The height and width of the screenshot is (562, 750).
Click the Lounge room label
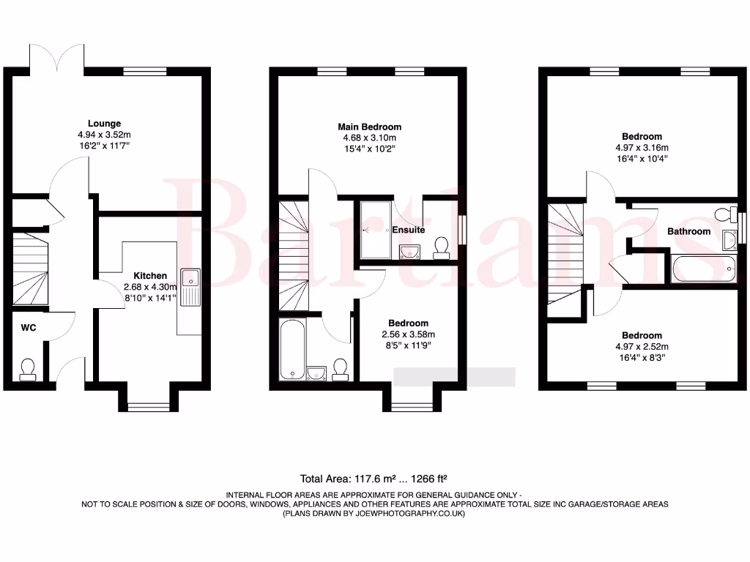pyautogui.click(x=104, y=124)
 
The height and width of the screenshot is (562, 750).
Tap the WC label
pyautogui.click(x=28, y=328)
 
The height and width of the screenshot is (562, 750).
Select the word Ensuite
pyautogui.click(x=409, y=230)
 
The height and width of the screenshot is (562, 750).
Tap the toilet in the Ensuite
pyautogui.click(x=441, y=248)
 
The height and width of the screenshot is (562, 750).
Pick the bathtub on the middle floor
pyautogui.click(x=292, y=350)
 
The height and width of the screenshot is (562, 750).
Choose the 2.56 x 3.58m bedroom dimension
pyautogui.click(x=408, y=334)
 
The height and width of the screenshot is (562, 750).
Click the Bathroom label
pyautogui.click(x=688, y=231)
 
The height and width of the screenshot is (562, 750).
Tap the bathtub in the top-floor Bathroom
pyautogui.click(x=702, y=269)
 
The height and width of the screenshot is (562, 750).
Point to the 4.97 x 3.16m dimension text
pyautogui.click(x=642, y=147)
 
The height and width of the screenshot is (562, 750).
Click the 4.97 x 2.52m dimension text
pyautogui.click(x=642, y=347)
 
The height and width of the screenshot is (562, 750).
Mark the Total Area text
pyautogui.click(x=374, y=479)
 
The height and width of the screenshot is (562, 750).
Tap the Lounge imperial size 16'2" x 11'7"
pyautogui.click(x=104, y=146)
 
